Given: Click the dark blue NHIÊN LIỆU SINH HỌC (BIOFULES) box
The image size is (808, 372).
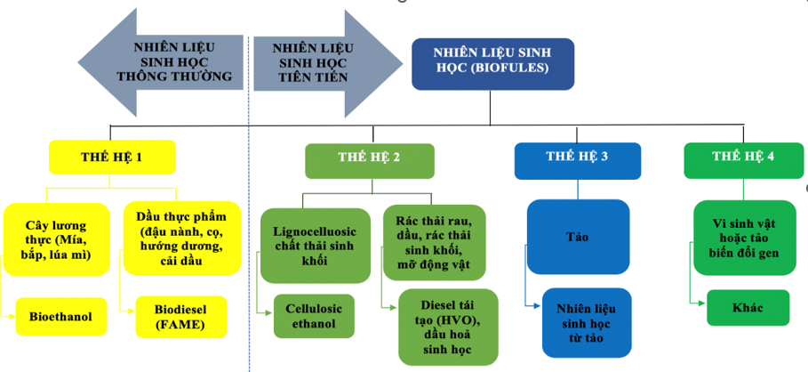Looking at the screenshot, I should tap(492, 62).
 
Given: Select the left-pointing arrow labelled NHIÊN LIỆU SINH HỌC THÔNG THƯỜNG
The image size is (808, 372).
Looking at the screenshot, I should tap(173, 62).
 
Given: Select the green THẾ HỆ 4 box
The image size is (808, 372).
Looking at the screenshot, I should tap(743, 158).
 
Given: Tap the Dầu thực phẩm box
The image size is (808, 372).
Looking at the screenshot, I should tap(181, 238).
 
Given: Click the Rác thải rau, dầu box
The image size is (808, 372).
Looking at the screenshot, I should tap(435, 241).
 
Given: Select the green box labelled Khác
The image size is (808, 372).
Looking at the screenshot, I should tap(748, 307).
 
